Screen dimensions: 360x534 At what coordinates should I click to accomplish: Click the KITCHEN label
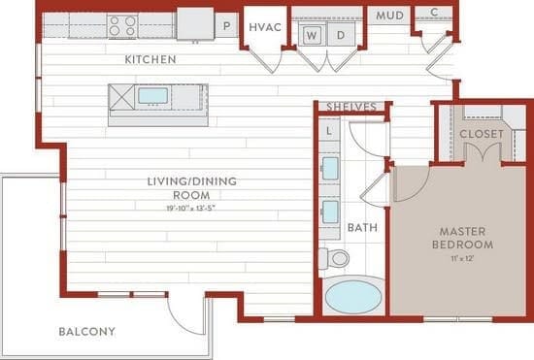[x=150, y=60]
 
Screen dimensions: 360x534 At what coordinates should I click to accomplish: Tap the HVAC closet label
[x=265, y=27]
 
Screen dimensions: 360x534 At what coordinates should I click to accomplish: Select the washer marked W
[x=313, y=36]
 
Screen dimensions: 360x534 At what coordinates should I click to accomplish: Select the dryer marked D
[x=341, y=36]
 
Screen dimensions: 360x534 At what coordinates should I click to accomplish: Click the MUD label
[x=390, y=16]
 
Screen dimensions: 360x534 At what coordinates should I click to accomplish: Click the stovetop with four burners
[x=121, y=24]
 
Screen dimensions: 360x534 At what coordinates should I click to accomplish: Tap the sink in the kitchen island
[x=153, y=95]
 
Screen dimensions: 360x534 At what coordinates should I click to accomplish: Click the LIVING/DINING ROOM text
[x=191, y=187]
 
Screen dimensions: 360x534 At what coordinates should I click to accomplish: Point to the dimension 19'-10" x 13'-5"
[x=191, y=208]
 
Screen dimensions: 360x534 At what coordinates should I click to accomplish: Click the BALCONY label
[x=86, y=332]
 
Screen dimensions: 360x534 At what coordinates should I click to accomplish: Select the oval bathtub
[x=354, y=296]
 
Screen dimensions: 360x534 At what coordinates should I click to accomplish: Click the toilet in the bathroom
[x=335, y=258]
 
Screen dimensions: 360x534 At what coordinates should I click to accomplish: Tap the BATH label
[x=362, y=228]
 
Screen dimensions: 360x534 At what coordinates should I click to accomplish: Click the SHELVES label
[x=350, y=107]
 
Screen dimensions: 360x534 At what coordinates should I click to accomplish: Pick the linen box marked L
[x=329, y=129]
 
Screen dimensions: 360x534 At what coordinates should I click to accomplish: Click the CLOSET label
[x=480, y=133]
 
